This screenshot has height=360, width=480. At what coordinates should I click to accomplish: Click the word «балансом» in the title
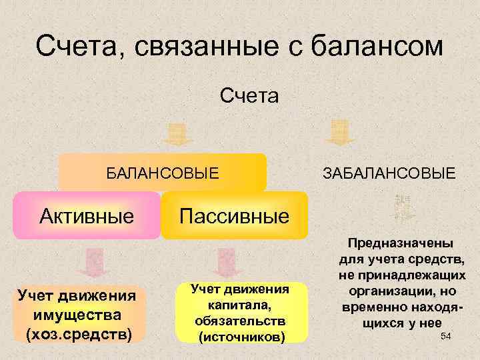(x=378, y=47)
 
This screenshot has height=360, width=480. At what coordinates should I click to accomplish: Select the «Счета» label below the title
(x=250, y=97)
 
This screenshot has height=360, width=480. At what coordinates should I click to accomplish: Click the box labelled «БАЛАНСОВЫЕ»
(x=163, y=173)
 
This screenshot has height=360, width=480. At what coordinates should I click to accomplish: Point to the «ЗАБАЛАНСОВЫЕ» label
(x=389, y=174)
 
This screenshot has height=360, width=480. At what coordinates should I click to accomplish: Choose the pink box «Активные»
(x=86, y=215)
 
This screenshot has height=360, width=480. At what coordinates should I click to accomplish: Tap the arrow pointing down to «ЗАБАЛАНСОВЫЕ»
(x=340, y=132)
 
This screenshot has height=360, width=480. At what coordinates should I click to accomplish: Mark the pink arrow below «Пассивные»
(x=227, y=263)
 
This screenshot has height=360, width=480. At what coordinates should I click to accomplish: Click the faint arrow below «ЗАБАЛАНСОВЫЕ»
(x=402, y=209)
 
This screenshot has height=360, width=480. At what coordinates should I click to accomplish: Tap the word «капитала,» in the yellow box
(x=239, y=305)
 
